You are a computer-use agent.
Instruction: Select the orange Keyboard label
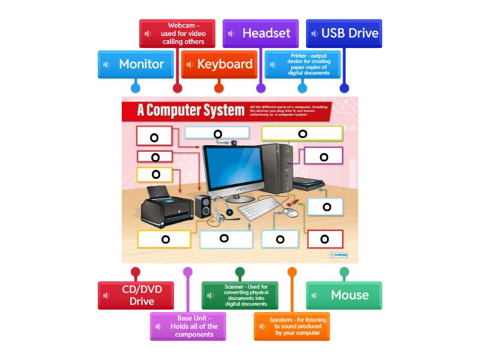point(219,64)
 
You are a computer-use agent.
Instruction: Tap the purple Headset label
point(260,34)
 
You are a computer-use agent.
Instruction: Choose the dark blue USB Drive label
point(344,34)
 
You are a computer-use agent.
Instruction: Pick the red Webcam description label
point(177,34)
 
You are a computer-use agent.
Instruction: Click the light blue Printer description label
point(302,64)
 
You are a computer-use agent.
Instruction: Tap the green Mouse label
point(344,295)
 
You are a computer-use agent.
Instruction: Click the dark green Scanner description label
point(240,295)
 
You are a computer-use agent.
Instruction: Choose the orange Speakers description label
point(292,326)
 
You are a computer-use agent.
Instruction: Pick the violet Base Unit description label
point(188,326)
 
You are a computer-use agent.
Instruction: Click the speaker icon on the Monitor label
point(107,64)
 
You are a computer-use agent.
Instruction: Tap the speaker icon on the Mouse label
point(316,295)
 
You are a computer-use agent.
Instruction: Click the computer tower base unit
point(277,170)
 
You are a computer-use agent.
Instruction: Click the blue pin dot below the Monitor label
point(136,88)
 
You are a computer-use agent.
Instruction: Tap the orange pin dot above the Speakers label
point(292,272)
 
